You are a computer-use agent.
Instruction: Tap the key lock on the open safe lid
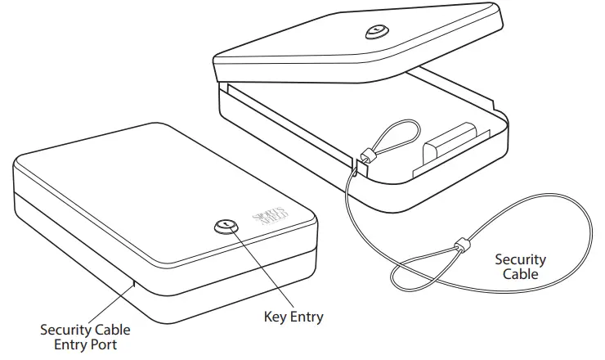coord(374,32)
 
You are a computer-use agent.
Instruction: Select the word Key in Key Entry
coord(276,317)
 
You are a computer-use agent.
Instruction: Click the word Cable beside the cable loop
coord(520,274)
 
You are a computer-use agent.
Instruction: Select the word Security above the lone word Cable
coord(520,260)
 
